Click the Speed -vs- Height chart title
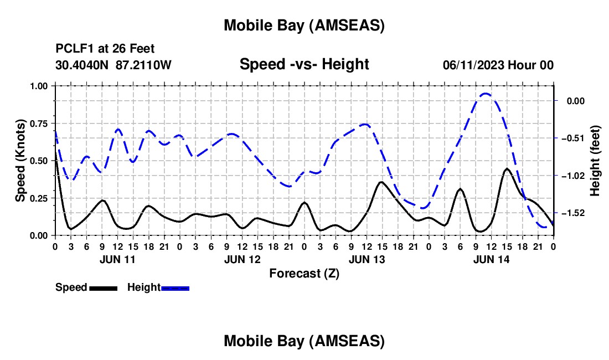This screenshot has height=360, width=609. point(304,64)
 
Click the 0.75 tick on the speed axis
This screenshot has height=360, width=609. point(39,123)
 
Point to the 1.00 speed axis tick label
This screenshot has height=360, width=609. point(39,86)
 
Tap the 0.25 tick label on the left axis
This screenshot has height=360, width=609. point(39,198)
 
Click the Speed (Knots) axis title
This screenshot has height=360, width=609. point(20,161)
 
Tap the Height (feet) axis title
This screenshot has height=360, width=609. point(595,161)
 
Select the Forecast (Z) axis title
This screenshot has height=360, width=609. point(304,273)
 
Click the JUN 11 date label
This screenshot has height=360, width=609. point(117,259)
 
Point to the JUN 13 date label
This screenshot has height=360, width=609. point(367,259)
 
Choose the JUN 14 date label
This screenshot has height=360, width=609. point(492,259)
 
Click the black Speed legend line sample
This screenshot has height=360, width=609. point(103,288)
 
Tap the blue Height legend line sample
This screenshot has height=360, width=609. point(176,288)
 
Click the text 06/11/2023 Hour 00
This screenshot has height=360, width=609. point(498,65)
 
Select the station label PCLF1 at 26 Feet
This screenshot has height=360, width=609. point(105,49)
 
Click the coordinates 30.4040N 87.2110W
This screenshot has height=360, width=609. point(113,65)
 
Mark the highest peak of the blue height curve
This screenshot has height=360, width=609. point(486,94)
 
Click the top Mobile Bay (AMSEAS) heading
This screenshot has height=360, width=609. point(304,25)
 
